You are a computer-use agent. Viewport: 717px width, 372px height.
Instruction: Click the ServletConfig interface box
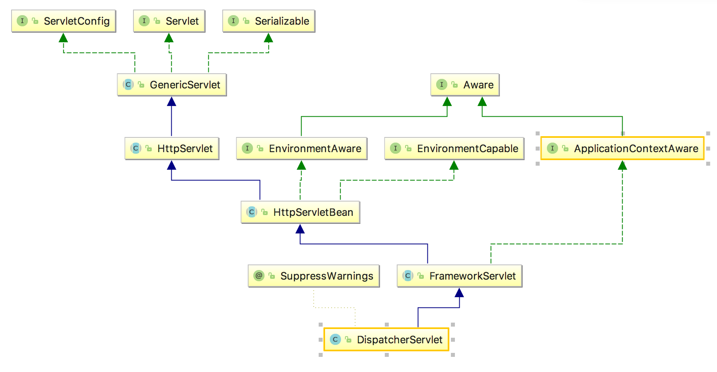click(x=64, y=21)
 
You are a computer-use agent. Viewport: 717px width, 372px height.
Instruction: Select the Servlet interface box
click(x=169, y=21)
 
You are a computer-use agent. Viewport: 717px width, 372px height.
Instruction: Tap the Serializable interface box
click(x=269, y=21)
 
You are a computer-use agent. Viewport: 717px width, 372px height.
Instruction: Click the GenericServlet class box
click(x=172, y=85)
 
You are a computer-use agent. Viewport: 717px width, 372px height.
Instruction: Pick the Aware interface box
click(x=465, y=85)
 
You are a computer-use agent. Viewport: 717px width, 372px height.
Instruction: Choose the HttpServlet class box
click(x=172, y=149)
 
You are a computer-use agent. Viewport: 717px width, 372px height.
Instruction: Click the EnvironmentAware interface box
click(x=302, y=149)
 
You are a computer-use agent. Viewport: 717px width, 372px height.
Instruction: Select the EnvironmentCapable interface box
click(x=454, y=149)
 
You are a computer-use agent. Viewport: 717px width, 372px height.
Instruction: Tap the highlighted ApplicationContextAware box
click(x=623, y=149)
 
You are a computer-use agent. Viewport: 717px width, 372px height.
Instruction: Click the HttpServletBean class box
click(x=301, y=212)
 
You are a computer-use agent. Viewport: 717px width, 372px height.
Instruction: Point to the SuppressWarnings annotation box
click(x=314, y=276)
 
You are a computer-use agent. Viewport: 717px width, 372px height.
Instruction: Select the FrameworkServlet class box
click(x=460, y=276)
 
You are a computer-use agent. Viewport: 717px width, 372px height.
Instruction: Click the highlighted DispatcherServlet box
click(x=386, y=340)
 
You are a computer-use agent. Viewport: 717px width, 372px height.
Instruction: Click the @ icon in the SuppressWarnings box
click(x=259, y=276)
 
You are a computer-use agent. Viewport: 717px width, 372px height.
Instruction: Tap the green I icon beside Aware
click(x=441, y=84)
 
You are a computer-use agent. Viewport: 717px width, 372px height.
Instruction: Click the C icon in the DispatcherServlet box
click(x=335, y=339)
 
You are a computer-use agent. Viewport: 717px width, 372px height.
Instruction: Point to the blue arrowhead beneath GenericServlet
click(x=172, y=101)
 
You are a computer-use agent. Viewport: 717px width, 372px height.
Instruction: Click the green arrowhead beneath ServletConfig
click(x=63, y=37)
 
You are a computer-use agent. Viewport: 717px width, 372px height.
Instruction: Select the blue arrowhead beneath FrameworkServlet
click(x=459, y=292)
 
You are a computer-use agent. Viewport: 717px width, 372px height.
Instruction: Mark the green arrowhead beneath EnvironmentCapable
click(x=454, y=165)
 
